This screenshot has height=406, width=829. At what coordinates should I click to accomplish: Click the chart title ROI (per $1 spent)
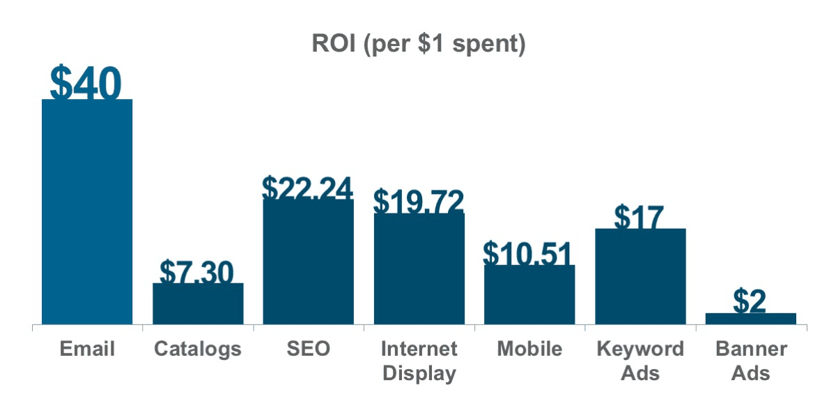coord(417,45)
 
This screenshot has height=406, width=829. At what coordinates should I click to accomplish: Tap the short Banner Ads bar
coord(750,319)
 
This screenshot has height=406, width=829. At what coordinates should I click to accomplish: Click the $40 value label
coord(86,84)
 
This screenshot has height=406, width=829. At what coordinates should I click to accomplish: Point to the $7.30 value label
coord(196,271)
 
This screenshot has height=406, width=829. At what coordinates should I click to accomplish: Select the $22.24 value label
coord(307,187)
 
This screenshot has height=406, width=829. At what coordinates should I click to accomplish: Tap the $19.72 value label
coord(418,201)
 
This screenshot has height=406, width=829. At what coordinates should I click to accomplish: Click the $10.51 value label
coord(528,254)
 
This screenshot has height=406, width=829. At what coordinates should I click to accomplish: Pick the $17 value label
coord(639,217)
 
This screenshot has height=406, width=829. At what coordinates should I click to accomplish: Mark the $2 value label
coord(750,301)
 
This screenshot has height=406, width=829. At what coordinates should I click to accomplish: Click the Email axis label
coord(87,349)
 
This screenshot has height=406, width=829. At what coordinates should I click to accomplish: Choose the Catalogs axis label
coord(198,349)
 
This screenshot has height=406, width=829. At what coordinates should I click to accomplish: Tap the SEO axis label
coord(308,349)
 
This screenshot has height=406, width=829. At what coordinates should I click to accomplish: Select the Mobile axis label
coord(529,349)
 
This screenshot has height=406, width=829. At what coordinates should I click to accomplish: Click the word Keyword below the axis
coord(640,349)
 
